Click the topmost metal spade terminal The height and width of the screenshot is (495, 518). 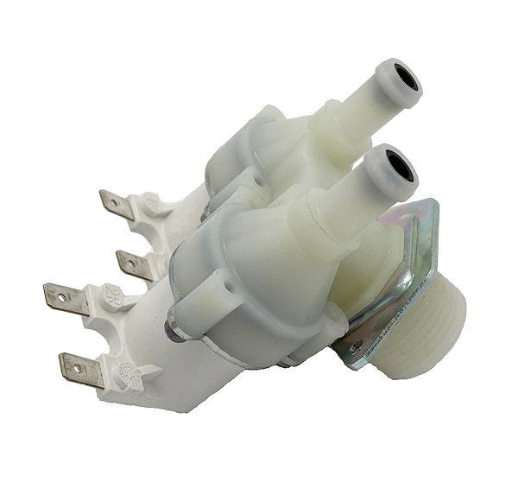(116, 205)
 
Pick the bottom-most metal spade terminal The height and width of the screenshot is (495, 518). (82, 370)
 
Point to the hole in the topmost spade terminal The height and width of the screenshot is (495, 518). (111, 202)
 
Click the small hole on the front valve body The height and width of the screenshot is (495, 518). (228, 280)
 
